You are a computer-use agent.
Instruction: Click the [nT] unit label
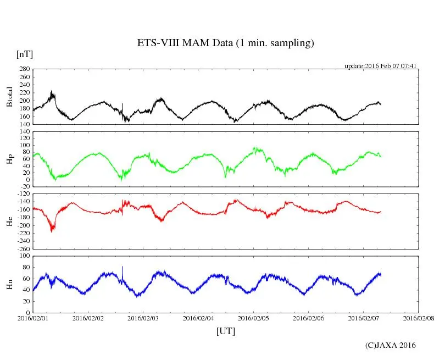click(x=24, y=54)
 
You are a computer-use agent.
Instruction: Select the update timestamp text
click(x=381, y=66)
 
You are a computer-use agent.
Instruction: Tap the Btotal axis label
click(x=9, y=97)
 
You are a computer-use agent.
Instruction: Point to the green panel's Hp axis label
click(x=9, y=159)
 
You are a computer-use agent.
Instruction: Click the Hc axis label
click(x=9, y=221)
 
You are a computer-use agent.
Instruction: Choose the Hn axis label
click(x=9, y=284)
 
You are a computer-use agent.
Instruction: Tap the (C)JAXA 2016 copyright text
click(x=390, y=345)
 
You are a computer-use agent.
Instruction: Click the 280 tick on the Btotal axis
click(x=24, y=69)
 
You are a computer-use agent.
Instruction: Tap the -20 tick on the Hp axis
click(x=24, y=187)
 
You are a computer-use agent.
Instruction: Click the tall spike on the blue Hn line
click(x=122, y=267)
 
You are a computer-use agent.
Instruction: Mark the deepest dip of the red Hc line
click(x=52, y=231)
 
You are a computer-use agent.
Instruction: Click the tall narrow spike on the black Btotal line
click(x=122, y=104)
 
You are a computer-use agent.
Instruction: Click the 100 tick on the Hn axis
click(x=24, y=256)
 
